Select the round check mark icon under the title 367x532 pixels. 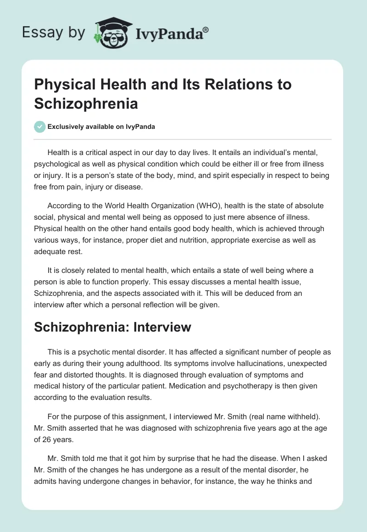click(40, 127)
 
